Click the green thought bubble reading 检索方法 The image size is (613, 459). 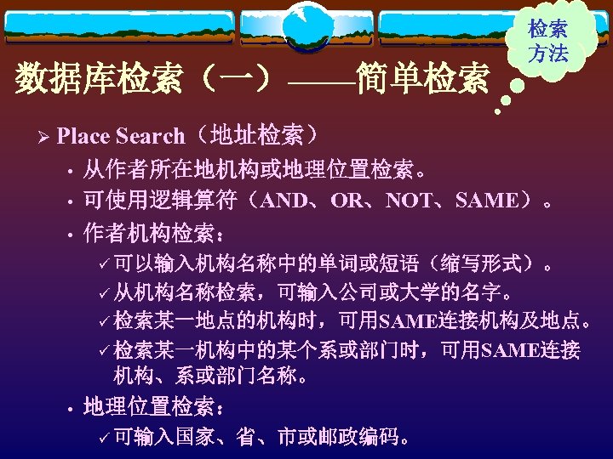(548, 41)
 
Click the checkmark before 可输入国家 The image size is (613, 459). (104, 438)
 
